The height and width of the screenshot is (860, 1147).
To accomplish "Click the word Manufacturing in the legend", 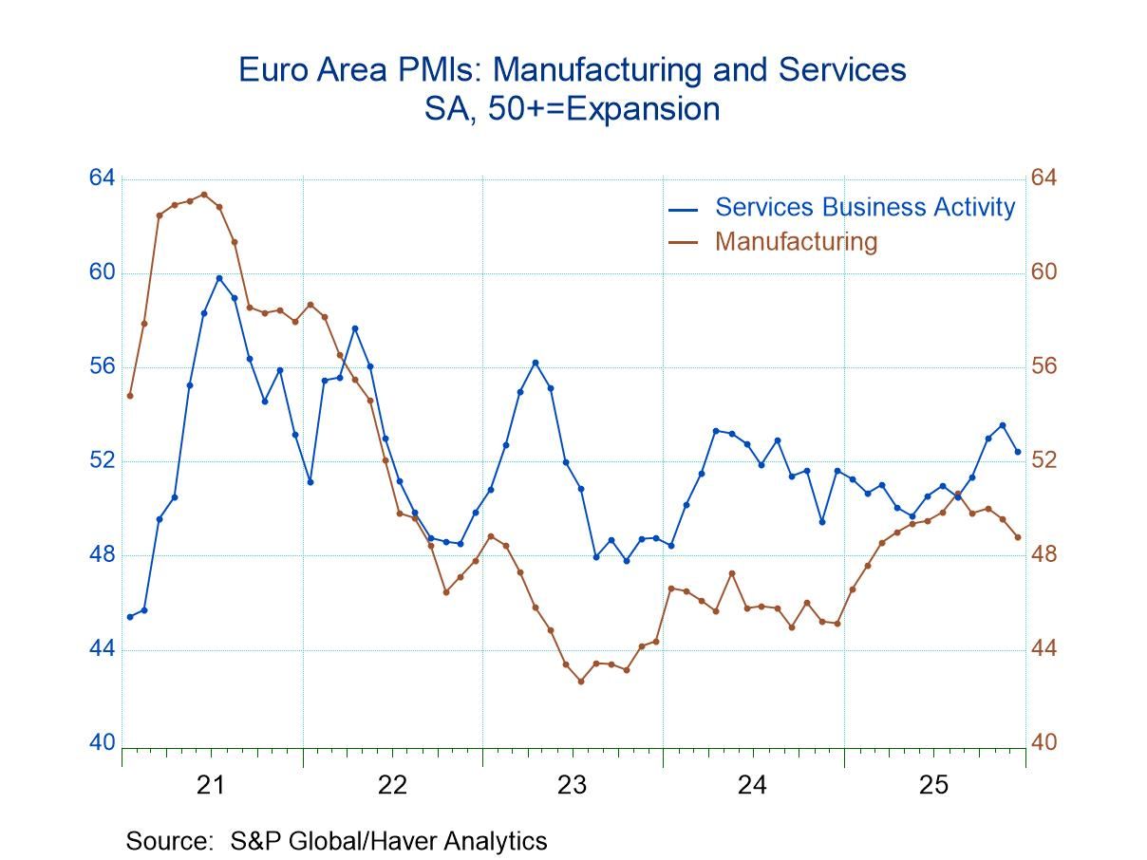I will click(796, 241).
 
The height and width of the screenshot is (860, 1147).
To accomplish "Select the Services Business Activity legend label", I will click(864, 207).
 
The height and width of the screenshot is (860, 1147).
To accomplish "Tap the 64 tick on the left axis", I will click(102, 178).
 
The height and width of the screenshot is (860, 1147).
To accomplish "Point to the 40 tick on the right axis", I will click(1044, 743).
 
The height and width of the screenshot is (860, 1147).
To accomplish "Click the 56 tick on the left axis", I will click(102, 366).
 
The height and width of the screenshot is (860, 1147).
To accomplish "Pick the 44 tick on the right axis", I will click(1044, 649).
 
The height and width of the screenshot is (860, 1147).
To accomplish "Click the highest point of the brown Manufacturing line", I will click(204, 195).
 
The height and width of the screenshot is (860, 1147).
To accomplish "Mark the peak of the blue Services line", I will click(219, 278).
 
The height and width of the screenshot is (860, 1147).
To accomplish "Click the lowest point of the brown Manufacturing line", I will click(581, 681).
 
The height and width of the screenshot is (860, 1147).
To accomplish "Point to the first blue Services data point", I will click(130, 617).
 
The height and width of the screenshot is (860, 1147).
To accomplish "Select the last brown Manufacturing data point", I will click(1018, 537).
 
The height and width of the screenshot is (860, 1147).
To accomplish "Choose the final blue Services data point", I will click(1018, 452).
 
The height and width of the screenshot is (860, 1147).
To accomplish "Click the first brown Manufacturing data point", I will click(130, 396).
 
